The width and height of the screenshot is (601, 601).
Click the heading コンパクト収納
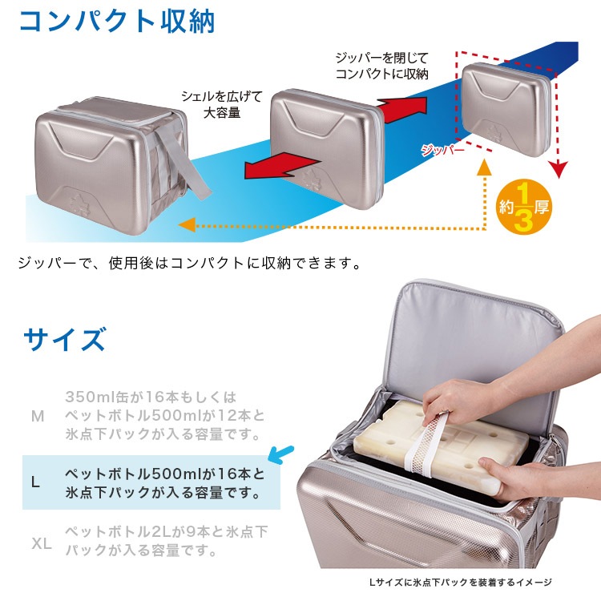(x=117, y=22)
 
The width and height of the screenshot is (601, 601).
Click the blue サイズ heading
(x=64, y=339)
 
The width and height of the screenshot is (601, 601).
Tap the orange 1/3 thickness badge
(x=524, y=207)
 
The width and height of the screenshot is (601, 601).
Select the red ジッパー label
(x=442, y=151)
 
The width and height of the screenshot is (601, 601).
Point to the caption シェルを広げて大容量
(x=221, y=104)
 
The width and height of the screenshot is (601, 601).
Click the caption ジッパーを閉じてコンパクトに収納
(x=381, y=66)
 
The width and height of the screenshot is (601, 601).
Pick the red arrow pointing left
(x=283, y=166)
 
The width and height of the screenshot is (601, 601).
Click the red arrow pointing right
(x=402, y=109)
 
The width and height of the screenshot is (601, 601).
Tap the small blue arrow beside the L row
(x=281, y=454)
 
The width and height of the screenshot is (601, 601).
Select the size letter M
(x=38, y=416)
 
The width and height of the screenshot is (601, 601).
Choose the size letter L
(x=35, y=482)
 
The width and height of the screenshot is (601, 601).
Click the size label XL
(x=42, y=543)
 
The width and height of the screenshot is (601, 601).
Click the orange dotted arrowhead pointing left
(x=187, y=224)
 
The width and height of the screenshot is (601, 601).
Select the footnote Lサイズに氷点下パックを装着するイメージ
(x=460, y=583)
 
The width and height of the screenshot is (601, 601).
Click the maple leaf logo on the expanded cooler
(x=80, y=206)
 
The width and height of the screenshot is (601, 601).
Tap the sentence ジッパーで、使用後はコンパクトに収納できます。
(x=189, y=264)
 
